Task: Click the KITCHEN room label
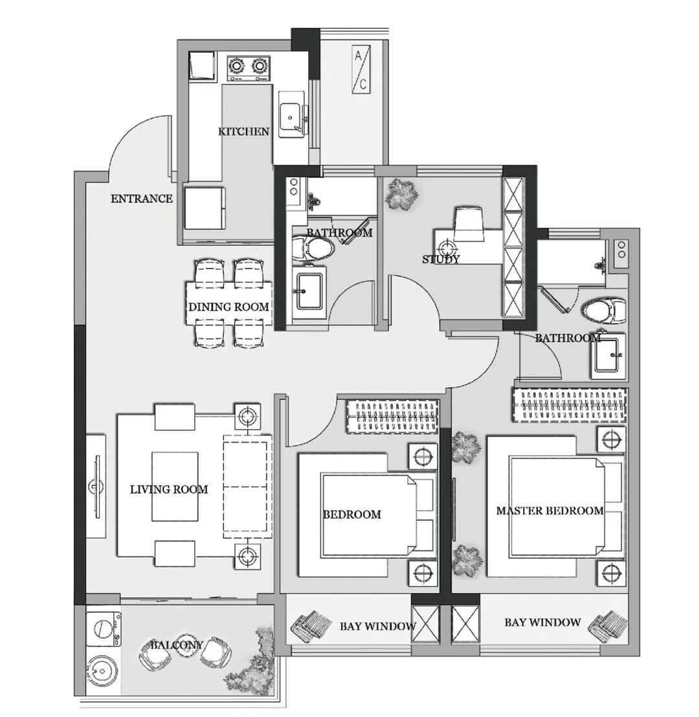pyautogui.click(x=243, y=132)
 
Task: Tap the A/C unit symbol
pyautogui.click(x=361, y=69)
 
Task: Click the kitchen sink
pyautogui.click(x=291, y=113)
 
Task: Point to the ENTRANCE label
pyautogui.click(x=142, y=199)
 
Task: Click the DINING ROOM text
pyautogui.click(x=228, y=307)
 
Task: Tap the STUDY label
pyautogui.click(x=441, y=259)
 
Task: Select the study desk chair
pyautogui.click(x=469, y=224)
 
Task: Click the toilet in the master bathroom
pyautogui.click(x=605, y=311)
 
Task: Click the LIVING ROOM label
pyautogui.click(x=169, y=490)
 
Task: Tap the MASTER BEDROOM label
pyautogui.click(x=550, y=511)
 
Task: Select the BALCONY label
pyautogui.click(x=177, y=645)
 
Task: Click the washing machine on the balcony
pyautogui.click(x=104, y=629)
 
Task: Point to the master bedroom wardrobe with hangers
pyautogui.click(x=569, y=405)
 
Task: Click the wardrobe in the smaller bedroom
pyautogui.click(x=392, y=416)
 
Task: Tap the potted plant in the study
pyautogui.click(x=402, y=195)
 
